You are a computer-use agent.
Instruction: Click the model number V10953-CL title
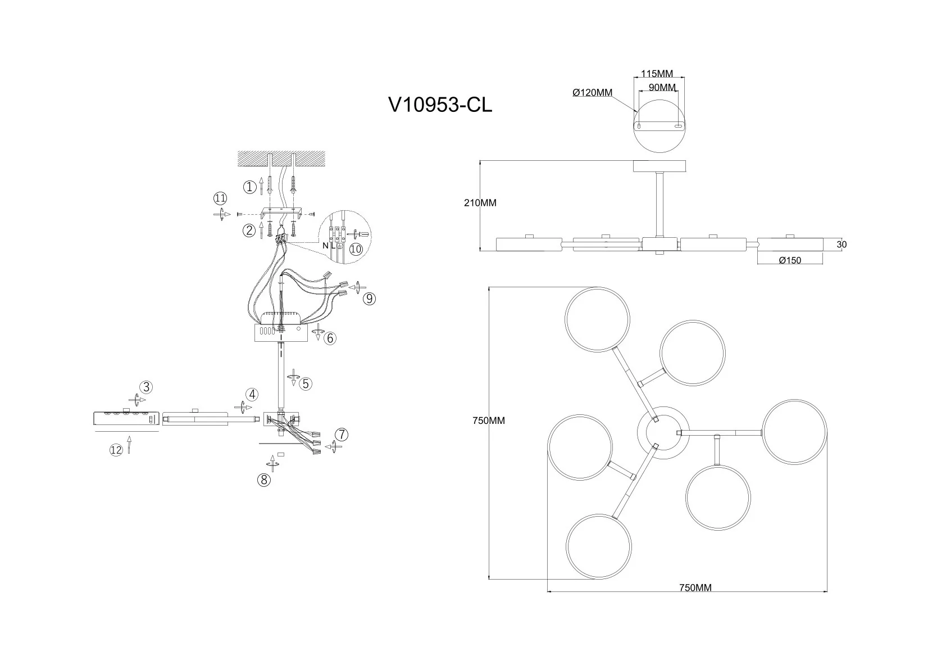click(440, 105)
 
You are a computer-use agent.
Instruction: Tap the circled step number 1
click(249, 187)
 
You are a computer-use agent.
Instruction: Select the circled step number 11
click(220, 198)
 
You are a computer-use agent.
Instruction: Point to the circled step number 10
click(356, 249)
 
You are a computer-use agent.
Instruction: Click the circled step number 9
click(369, 299)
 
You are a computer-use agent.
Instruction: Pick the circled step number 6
click(330, 338)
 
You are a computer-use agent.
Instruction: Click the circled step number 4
click(252, 394)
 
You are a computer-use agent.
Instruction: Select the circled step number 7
click(341, 435)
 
